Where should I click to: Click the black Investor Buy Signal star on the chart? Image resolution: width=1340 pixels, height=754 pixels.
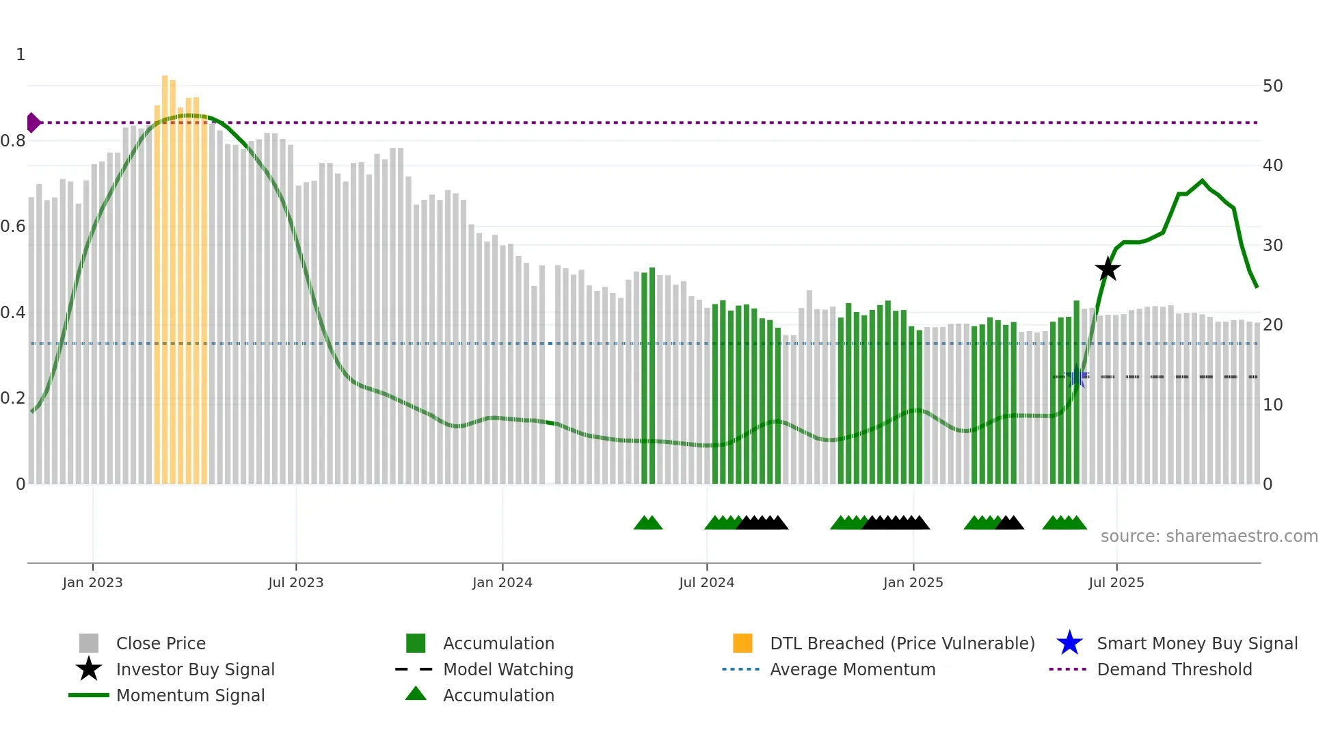pyautogui.click(x=1108, y=269)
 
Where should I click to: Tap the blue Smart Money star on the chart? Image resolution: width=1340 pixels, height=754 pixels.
pyautogui.click(x=1077, y=376)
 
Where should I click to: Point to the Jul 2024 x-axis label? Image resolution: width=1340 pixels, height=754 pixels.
pyautogui.click(x=706, y=582)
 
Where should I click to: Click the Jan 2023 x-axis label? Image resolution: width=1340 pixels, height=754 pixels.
pyautogui.click(x=92, y=582)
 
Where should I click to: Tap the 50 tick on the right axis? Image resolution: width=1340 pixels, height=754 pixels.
pyautogui.click(x=1272, y=86)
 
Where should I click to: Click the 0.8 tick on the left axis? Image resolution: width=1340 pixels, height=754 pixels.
pyautogui.click(x=14, y=141)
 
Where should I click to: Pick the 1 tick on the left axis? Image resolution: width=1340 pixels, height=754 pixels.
pyautogui.click(x=21, y=55)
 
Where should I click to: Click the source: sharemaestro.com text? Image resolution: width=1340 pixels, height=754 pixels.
pyautogui.click(x=1209, y=536)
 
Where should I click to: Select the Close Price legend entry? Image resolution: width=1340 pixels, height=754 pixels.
pyautogui.click(x=161, y=643)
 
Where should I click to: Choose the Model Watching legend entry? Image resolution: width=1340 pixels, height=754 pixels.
pyautogui.click(x=508, y=669)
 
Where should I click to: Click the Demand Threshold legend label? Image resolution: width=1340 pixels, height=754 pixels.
pyautogui.click(x=1174, y=669)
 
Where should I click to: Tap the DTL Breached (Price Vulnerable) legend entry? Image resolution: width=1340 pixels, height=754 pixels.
pyautogui.click(x=902, y=643)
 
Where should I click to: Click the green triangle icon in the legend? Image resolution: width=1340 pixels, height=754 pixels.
pyautogui.click(x=416, y=694)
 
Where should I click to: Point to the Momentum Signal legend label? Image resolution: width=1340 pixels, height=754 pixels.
pyautogui.click(x=190, y=695)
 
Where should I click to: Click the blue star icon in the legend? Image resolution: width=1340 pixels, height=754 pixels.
pyautogui.click(x=1069, y=643)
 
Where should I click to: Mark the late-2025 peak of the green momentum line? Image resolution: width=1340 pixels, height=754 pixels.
pyautogui.click(x=1202, y=181)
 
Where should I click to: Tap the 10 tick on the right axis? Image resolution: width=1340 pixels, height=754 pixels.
pyautogui.click(x=1272, y=405)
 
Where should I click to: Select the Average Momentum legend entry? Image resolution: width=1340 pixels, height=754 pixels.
pyautogui.click(x=852, y=669)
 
